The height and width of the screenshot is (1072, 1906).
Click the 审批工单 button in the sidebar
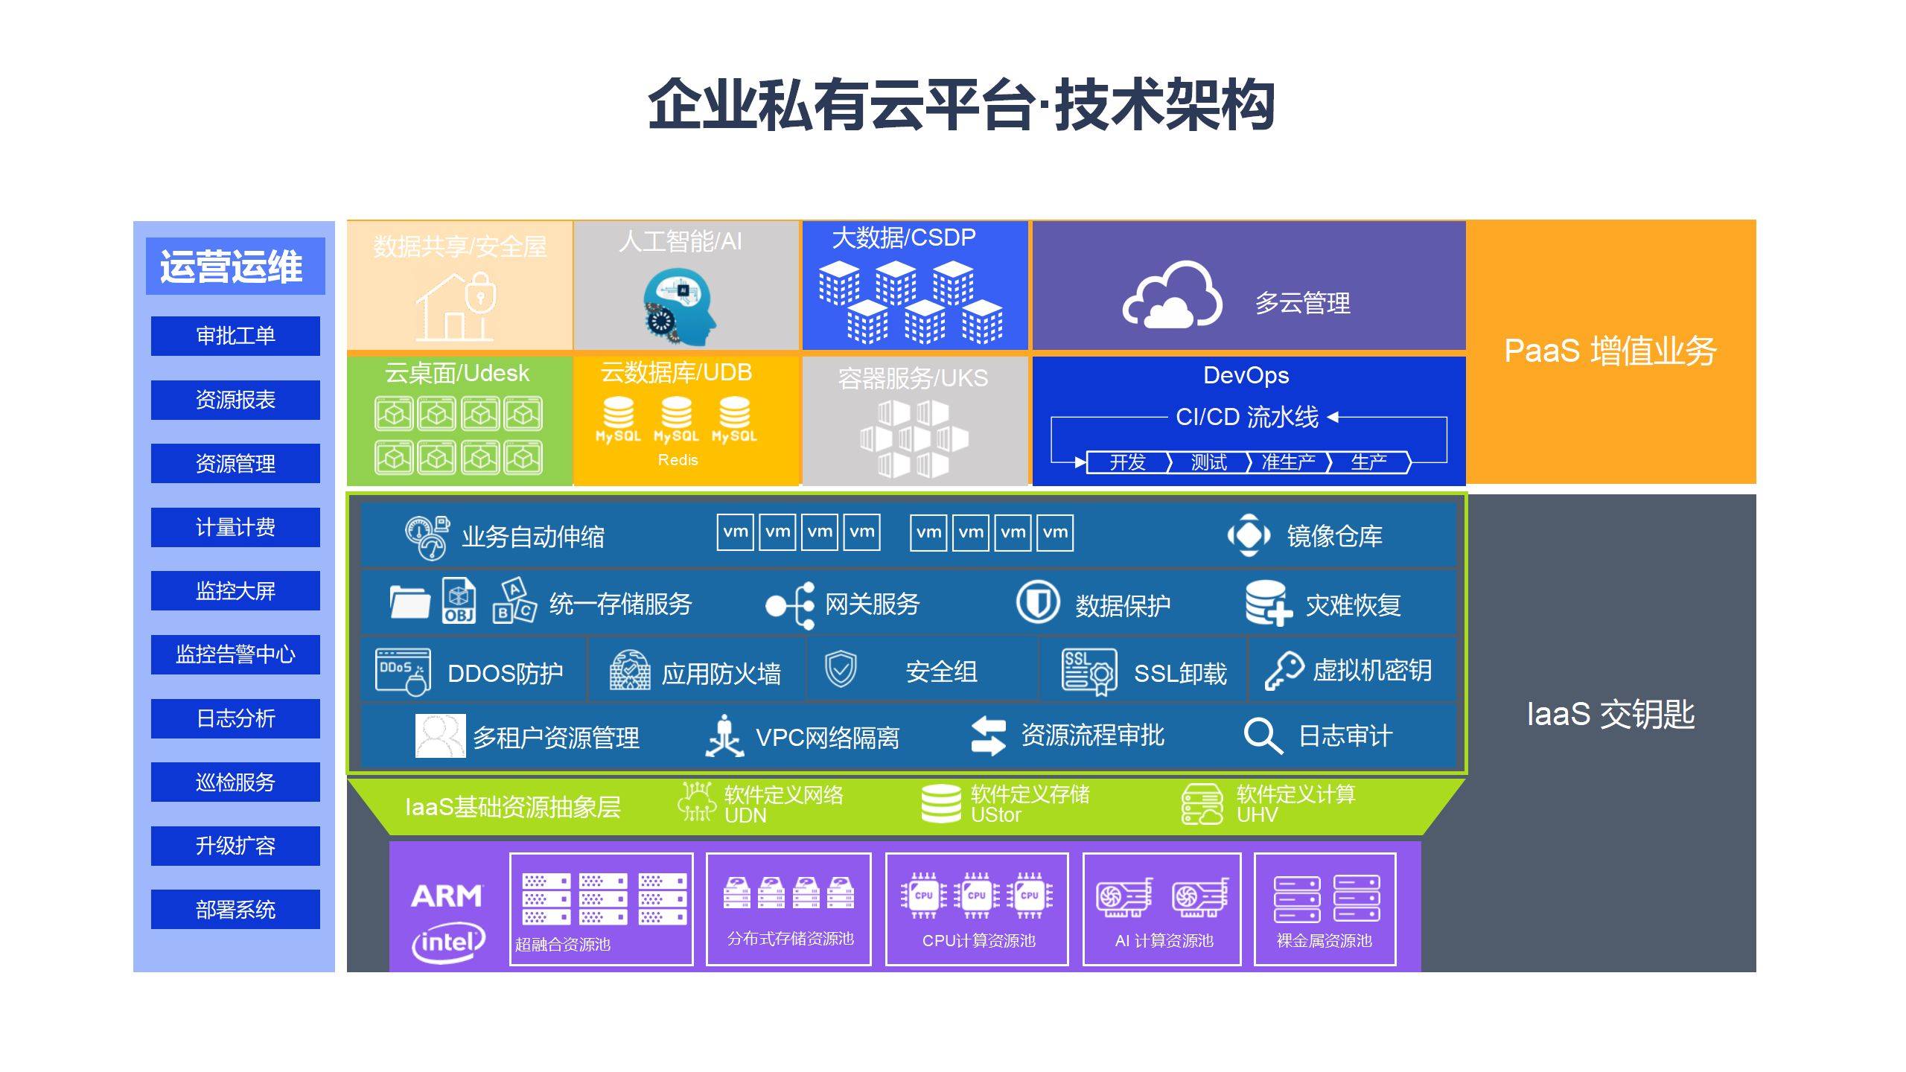[235, 336]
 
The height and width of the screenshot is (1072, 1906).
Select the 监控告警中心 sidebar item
[235, 654]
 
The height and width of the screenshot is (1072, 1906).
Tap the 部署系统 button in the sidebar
[235, 909]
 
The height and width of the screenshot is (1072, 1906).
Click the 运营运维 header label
[232, 267]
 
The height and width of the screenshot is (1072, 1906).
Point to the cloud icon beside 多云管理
[1171, 296]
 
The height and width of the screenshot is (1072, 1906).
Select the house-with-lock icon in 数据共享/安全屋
[456, 306]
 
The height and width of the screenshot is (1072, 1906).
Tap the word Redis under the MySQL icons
[678, 460]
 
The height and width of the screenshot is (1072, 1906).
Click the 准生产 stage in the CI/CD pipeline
[1288, 462]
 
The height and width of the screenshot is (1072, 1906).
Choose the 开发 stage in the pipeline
[1127, 462]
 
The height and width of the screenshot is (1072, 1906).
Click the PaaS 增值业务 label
[1610, 351]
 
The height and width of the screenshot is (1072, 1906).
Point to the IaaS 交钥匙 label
[1610, 714]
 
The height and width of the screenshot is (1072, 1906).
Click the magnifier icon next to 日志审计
[1262, 736]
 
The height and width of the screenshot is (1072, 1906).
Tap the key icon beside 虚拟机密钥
[1284, 671]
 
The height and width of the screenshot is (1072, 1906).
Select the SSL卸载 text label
[1179, 673]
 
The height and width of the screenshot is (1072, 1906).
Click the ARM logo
[447, 896]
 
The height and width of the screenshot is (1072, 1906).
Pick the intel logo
[448, 943]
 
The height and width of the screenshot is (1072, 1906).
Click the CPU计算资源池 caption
[978, 940]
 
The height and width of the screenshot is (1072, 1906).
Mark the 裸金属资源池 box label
[1324, 940]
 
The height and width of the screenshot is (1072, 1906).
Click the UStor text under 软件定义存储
[995, 815]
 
